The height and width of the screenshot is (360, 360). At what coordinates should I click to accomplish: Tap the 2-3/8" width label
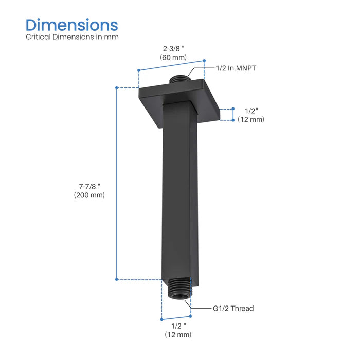172,48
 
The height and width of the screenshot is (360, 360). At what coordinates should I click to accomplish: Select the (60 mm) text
172,57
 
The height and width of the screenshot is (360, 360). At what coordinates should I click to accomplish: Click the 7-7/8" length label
89,186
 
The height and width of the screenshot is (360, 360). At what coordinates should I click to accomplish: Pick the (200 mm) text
89,195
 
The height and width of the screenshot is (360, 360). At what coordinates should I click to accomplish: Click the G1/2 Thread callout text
233,309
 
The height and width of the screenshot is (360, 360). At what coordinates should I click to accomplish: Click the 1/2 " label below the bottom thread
178,326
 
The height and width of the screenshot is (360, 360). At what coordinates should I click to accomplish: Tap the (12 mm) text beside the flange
251,120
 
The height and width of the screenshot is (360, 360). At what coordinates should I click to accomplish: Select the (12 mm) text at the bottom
178,335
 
